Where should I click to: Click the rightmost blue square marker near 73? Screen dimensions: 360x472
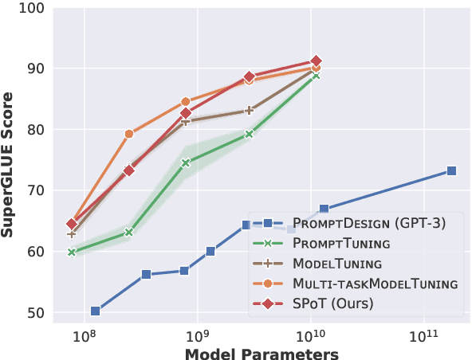point(451,171)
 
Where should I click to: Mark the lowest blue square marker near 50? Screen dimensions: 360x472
point(96,311)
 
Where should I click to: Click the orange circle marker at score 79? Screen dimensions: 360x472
point(129,134)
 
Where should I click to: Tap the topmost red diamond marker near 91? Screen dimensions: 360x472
point(316,61)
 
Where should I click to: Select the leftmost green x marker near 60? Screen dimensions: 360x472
point(72,252)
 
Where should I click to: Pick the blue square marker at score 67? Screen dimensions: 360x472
point(324,209)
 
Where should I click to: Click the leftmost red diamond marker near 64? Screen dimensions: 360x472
point(72,224)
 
